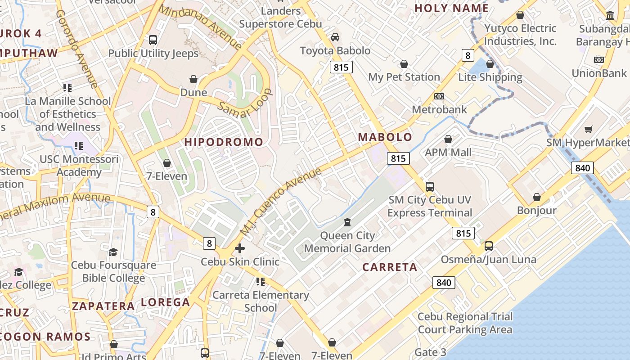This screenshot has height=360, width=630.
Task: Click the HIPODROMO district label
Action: click(224, 142)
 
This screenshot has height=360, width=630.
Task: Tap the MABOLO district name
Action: click(385, 137)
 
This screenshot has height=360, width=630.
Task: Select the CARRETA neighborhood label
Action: click(390, 267)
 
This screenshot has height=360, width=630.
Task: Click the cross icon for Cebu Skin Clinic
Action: click(240, 248)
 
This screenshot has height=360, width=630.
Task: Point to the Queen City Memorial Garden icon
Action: click(347, 222)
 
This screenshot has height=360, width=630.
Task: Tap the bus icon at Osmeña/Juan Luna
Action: click(488, 246)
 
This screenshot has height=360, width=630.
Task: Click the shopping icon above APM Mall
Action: click(448, 139)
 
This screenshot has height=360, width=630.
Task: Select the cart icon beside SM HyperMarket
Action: click(588, 130)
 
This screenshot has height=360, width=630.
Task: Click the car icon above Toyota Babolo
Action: click(335, 37)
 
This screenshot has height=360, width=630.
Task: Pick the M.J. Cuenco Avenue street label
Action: click(281, 202)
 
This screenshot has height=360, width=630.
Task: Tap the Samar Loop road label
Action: click(246, 107)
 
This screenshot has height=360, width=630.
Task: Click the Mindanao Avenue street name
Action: click(201, 27)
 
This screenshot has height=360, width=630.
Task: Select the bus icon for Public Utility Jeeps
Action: click(153, 40)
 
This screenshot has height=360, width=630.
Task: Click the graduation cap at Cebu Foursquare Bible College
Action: click(113, 252)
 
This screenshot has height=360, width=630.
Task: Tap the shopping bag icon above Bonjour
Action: click(536, 197)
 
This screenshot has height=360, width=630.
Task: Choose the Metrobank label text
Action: click(439, 110)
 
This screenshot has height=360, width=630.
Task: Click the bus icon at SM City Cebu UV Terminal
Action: click(429, 186)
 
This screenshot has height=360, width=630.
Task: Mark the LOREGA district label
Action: click(165, 302)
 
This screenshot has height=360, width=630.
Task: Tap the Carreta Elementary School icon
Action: click(260, 282)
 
